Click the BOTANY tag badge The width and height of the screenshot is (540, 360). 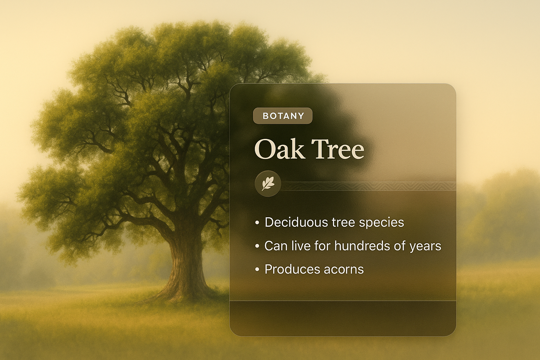point(283,116)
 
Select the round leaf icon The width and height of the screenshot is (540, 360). point(268,184)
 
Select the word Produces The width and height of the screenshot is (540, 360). point(291,269)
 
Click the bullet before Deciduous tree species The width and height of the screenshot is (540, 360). point(257,223)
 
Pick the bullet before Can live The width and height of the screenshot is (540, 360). point(257,246)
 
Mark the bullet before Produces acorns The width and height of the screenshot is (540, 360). point(257,270)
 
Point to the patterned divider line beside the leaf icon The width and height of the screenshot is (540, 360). point(368,186)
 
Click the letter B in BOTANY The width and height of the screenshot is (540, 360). point(265,116)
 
